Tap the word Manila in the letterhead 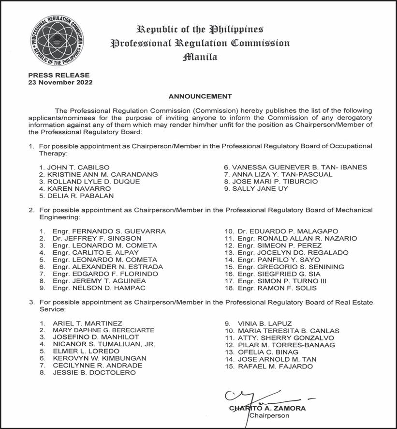(x=200, y=57)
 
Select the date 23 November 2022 (x=60, y=82)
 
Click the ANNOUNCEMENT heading (x=200, y=96)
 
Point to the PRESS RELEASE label (x=59, y=75)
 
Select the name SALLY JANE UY (x=259, y=188)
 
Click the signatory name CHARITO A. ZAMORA (x=267, y=408)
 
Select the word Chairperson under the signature (x=269, y=415)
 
